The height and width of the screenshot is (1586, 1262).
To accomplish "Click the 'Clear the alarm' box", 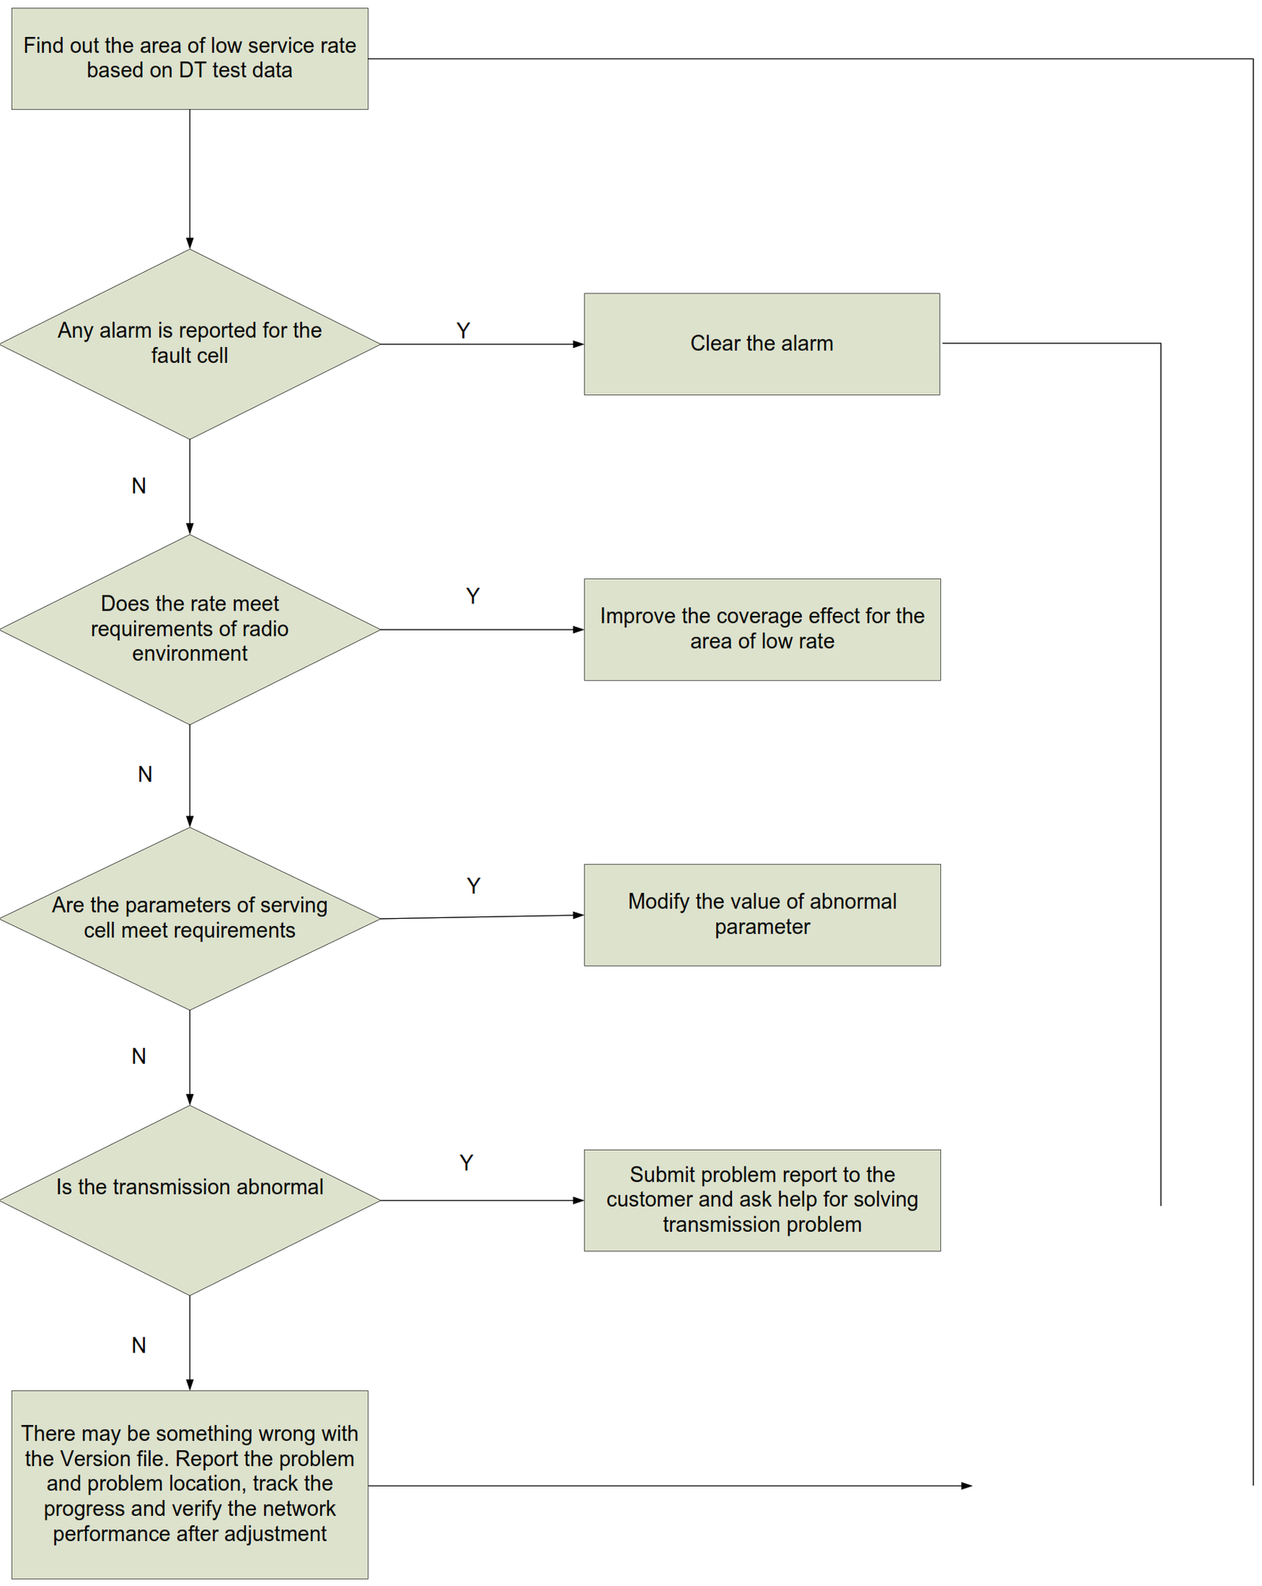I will coord(761,344).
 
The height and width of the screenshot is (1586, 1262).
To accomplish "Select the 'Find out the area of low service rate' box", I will coord(189,58).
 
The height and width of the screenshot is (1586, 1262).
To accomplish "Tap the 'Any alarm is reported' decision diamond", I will coord(189,344).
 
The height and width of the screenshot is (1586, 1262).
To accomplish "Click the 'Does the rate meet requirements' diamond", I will coord(189,629).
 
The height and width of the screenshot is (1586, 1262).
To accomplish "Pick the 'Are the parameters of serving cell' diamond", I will coord(189,918).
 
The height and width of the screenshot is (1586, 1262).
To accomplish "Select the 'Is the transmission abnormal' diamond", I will coord(189,1200).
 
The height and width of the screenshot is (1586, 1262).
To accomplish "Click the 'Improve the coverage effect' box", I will coord(761,629).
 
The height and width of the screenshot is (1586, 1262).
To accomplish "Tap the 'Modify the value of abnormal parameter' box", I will coord(761,915).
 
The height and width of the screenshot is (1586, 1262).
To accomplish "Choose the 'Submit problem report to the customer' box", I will coord(761,1200).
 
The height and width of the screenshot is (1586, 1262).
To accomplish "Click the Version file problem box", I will coord(189,1483).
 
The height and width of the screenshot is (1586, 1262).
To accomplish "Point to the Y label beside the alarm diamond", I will coord(463,330).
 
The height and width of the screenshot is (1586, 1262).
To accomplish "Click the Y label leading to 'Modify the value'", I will coord(473,886).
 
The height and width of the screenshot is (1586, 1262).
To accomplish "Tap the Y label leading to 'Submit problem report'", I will coord(466,1162).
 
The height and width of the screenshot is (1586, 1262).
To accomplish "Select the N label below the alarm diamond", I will coord(139,486).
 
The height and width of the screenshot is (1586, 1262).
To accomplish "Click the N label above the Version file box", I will coord(139,1345).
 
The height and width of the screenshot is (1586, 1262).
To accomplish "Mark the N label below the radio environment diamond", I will coord(145,774).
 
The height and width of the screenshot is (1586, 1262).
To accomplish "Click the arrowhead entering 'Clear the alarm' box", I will coord(578,344).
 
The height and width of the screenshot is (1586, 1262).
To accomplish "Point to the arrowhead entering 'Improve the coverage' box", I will coord(578,629).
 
